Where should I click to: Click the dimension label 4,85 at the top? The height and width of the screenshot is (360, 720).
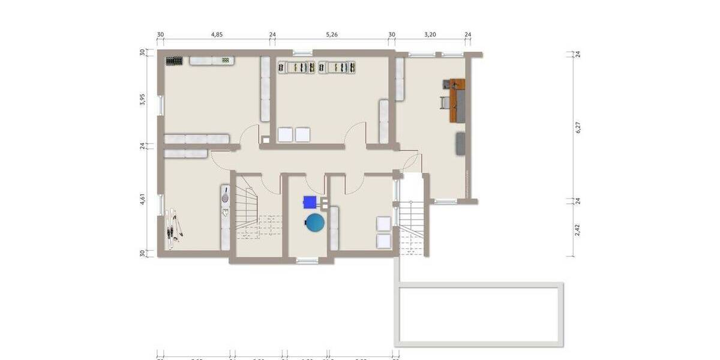click(x=217, y=35)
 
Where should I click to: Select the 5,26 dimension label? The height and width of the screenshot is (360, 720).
click(x=332, y=35)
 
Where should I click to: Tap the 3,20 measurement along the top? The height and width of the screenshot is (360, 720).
click(x=430, y=35)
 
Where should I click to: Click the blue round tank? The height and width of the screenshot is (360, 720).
click(x=315, y=223)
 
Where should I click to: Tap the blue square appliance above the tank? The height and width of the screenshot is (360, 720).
click(x=310, y=202)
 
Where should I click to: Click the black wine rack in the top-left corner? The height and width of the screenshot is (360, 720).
click(x=174, y=61)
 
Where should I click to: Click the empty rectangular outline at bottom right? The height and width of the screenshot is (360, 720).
click(x=481, y=313)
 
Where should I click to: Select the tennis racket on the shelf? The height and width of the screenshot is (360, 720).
click(x=225, y=196)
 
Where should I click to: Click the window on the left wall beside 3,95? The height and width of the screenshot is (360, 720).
click(x=160, y=105)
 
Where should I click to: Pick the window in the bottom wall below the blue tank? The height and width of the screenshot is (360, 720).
click(x=307, y=260)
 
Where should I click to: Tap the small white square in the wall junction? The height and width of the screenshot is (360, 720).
click(x=265, y=141)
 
